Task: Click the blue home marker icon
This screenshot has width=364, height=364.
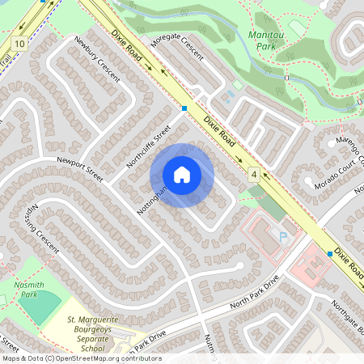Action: (x=182, y=175)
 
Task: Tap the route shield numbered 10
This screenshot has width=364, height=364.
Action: (x=19, y=42)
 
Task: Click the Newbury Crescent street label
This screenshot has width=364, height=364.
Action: (x=96, y=57)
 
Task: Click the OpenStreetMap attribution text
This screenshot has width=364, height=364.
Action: (x=81, y=358)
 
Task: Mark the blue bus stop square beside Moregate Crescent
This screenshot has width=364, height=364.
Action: (x=185, y=108)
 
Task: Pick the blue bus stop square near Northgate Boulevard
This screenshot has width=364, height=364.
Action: (x=330, y=253)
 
